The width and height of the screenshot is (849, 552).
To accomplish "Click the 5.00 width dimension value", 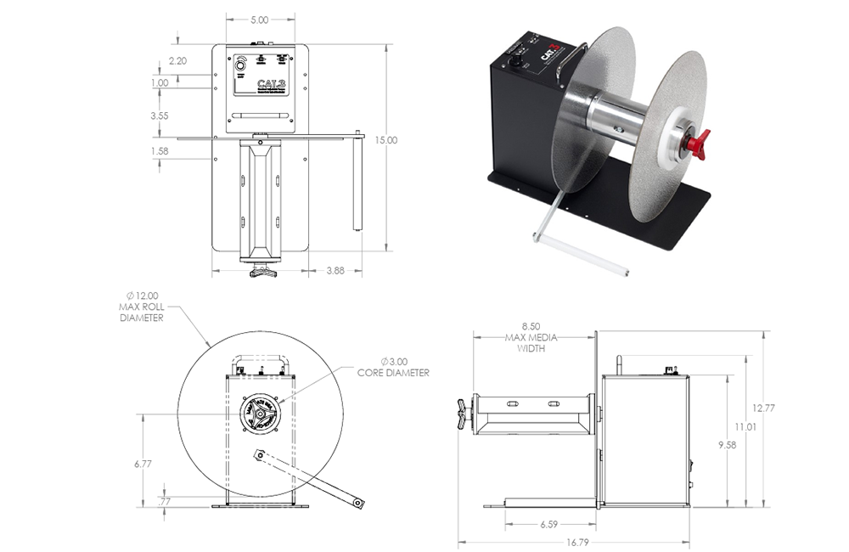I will point(260,20).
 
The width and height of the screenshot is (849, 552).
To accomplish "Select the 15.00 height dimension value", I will point(387,140).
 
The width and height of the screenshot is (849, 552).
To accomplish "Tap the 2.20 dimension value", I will point(177,61).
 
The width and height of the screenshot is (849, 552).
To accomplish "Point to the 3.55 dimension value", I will point(160,115).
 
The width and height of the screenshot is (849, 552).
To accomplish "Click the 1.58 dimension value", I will point(160,151).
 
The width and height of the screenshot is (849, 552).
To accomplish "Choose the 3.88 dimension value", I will point(335,270).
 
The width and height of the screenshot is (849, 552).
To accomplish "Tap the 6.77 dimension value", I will point(142,464).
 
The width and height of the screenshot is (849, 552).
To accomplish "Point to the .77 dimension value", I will point(166,502).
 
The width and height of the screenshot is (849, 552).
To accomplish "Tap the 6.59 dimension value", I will point(548,524).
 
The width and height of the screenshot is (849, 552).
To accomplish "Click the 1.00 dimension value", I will point(160,83).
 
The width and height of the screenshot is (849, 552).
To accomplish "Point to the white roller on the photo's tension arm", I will point(581,255).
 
